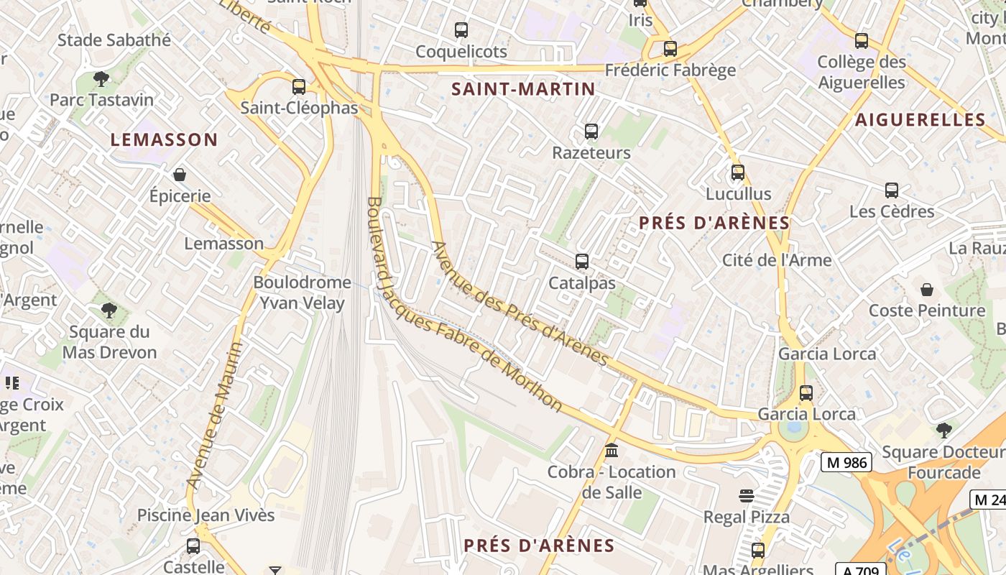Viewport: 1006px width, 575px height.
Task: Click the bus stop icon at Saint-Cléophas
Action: coord(299,87)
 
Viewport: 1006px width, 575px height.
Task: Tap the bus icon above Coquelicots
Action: coord(461,30)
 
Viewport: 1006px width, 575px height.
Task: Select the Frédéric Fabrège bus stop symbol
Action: coord(670,49)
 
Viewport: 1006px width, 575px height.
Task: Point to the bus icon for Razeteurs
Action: coord(591,132)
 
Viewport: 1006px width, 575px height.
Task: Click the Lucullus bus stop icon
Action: coord(738,172)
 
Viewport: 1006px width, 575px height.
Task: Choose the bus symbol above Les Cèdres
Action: coord(892,190)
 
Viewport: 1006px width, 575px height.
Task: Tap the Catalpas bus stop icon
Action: coord(582,262)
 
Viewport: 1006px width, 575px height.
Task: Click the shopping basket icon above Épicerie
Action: coord(180,175)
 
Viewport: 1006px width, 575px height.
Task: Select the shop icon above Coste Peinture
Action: coord(927,290)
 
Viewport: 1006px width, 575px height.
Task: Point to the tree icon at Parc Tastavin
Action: coord(101,78)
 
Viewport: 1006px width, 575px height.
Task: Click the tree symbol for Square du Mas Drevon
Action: coord(109,310)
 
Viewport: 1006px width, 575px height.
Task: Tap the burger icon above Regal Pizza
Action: coord(747,495)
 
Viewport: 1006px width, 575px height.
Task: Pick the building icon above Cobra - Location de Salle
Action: coord(612,451)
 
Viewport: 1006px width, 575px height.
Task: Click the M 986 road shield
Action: coord(847,463)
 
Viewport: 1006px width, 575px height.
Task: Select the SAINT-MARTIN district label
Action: coord(523,89)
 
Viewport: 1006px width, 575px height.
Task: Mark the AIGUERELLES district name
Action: coord(920,120)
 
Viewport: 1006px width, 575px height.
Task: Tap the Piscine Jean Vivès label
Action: coord(206,515)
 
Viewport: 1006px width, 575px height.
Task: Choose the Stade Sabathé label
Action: coord(114,40)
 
